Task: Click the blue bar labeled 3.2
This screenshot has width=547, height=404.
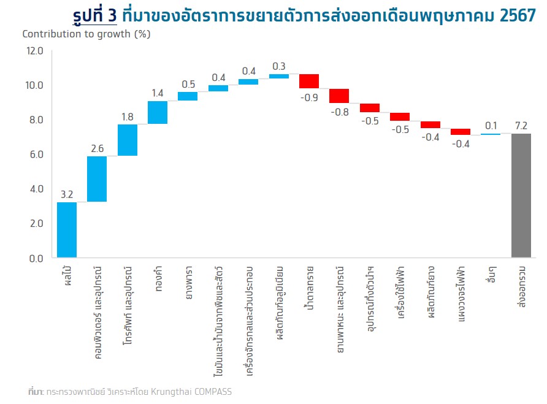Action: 67,230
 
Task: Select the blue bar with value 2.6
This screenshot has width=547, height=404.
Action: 97,179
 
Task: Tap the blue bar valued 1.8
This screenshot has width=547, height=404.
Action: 128,140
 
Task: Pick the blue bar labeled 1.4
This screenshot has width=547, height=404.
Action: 158,112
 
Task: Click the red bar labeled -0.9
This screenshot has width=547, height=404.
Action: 309,81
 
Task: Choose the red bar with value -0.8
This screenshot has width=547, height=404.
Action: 339,96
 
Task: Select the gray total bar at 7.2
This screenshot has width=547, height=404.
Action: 521,196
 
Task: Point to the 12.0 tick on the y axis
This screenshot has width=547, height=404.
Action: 34,51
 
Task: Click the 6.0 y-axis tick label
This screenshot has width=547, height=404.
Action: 34,154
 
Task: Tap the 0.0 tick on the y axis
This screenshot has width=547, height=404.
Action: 34,258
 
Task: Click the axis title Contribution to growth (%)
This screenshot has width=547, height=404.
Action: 86,34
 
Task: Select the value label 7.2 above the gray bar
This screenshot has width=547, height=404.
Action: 521,126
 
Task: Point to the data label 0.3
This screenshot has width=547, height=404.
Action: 279,66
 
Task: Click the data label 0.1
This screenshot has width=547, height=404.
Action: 491,126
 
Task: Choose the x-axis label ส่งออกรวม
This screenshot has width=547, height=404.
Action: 521,288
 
